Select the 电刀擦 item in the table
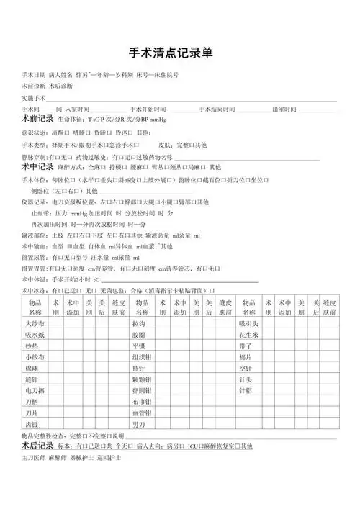tap(33, 390)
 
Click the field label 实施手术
tap(34, 96)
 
